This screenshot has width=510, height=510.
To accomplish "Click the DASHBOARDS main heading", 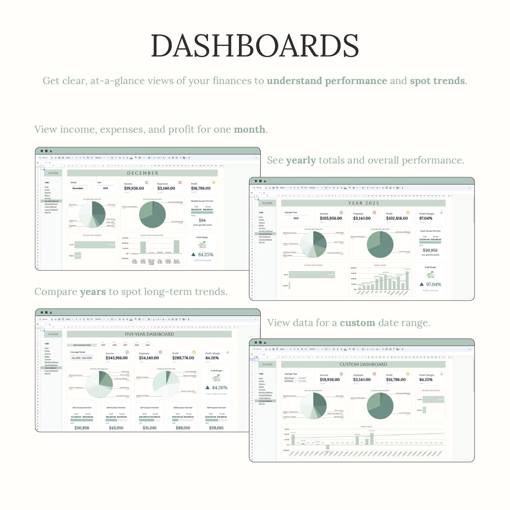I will (255, 46).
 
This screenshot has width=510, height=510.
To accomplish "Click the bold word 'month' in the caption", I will (249, 130).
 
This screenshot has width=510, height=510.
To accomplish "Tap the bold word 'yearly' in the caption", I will (301, 160).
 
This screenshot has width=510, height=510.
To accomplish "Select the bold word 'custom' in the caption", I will (357, 323).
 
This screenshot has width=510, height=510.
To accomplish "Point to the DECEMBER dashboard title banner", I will (142, 173).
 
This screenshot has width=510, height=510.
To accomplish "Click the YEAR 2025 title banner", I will (363, 203).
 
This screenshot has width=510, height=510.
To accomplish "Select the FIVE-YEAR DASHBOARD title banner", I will (149, 334).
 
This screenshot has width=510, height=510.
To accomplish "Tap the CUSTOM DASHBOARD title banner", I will (363, 364).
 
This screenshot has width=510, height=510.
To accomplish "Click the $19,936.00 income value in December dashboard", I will (134, 188).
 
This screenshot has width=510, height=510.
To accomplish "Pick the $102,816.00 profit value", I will (397, 218).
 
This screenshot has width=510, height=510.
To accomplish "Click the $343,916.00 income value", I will (116, 358).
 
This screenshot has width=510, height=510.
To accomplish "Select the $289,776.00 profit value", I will (183, 358).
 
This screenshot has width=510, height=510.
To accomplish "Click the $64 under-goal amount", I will (202, 220).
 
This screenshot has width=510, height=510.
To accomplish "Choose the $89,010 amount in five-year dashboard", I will (183, 428).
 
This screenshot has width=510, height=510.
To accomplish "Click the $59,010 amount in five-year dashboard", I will (216, 428).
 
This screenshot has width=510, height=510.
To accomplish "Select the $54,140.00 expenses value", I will (149, 358).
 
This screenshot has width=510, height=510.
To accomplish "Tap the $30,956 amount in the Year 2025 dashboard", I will (430, 250).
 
